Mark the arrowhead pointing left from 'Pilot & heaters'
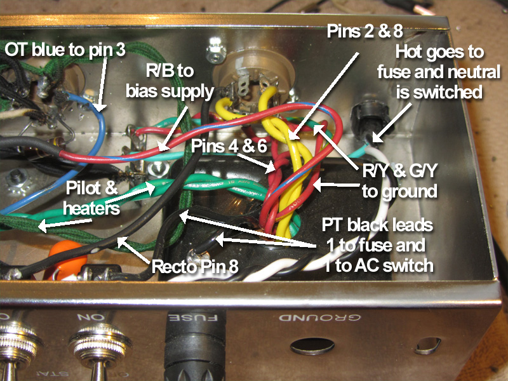[39, 225]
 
